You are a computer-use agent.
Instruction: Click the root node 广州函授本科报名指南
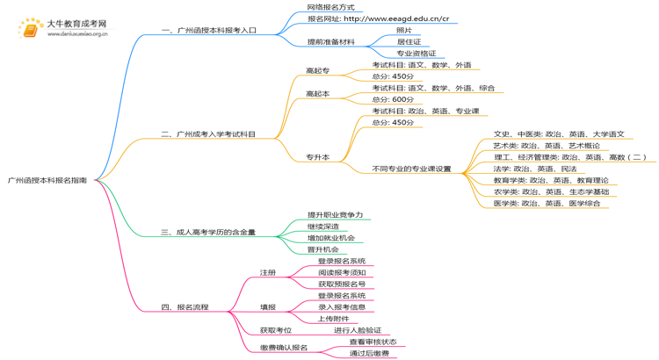pos(47,180)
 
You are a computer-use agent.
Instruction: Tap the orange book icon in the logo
pos(31,30)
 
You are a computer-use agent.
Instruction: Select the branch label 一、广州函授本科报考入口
pos(209,31)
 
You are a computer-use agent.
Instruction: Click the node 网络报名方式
pos(330,7)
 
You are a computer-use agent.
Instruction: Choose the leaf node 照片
pos(403,31)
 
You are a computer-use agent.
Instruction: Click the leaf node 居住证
pos(409,42)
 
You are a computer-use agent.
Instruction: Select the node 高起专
pos(317,71)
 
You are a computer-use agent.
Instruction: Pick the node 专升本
pos(317,158)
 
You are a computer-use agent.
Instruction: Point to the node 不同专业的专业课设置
pos(411,169)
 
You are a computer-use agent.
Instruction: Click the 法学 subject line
pos(534,169)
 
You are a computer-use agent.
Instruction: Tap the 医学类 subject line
pos(547,204)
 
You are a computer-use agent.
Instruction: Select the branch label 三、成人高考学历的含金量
pos(208,233)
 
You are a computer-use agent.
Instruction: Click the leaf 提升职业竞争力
pos(335,215)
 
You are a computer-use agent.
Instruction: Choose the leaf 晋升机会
pos(322,249)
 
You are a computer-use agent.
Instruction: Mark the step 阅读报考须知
pos(342,273)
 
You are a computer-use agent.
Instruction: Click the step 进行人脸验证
pos(358,331)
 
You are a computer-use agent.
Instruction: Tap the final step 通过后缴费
pos(369,354)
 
